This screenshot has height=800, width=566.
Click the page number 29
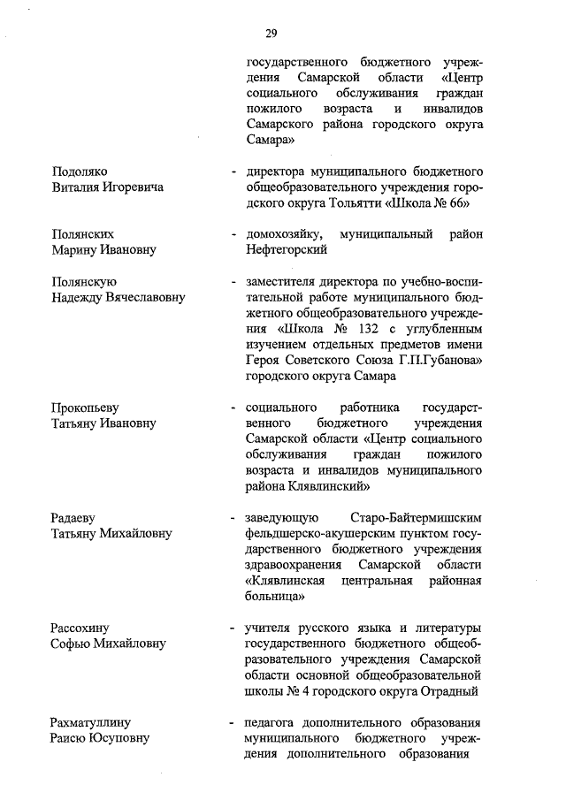271,34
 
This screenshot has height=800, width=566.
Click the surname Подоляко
80,171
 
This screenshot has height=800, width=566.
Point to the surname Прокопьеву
86,408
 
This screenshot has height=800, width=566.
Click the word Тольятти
352,202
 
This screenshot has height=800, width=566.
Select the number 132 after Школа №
344,329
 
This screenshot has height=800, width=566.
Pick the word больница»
276,598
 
